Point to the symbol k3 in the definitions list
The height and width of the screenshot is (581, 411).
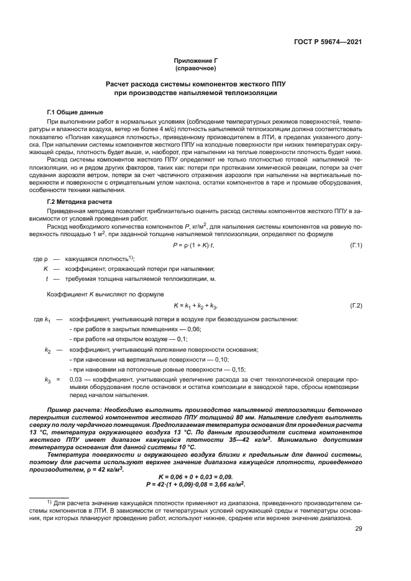[47, 379]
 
